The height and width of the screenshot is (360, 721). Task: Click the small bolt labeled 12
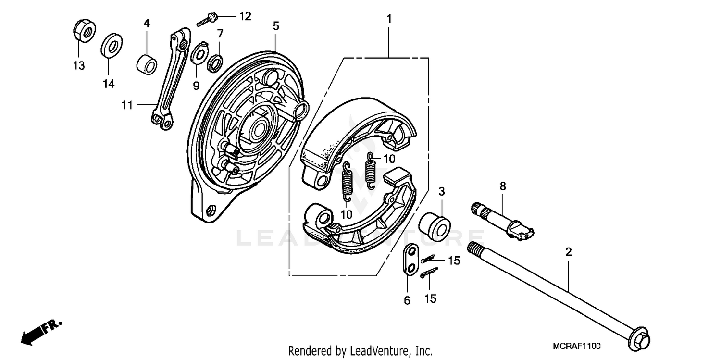[208, 20]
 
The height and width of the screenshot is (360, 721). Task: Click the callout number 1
[389, 19]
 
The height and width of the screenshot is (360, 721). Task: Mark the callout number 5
[275, 26]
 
